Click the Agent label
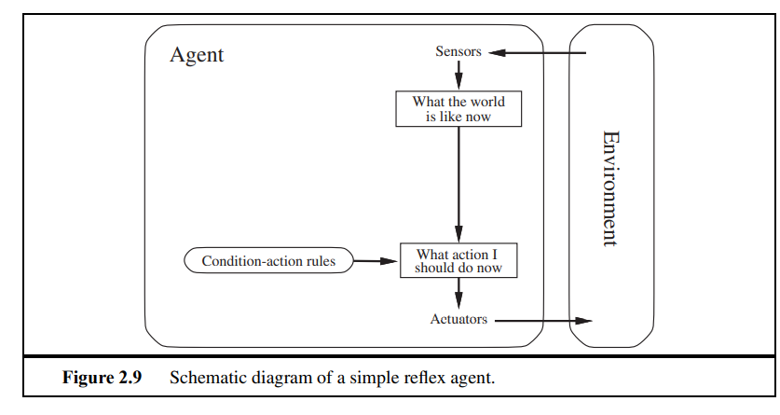[x=197, y=55]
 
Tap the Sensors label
[x=458, y=52]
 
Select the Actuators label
[x=458, y=320]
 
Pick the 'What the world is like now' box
[x=458, y=109]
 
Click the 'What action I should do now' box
[x=458, y=261]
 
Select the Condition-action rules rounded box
[x=268, y=261]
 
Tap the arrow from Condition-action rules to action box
[x=376, y=261]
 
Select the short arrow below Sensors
[x=458, y=76]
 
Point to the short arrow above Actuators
[x=458, y=295]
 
